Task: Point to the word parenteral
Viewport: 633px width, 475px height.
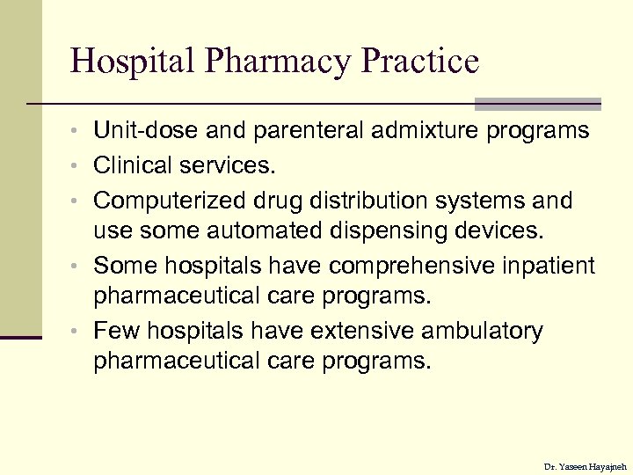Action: tap(307, 131)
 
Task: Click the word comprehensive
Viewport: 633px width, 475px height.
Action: tap(413, 265)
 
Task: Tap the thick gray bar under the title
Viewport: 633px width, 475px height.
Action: tap(537, 105)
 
